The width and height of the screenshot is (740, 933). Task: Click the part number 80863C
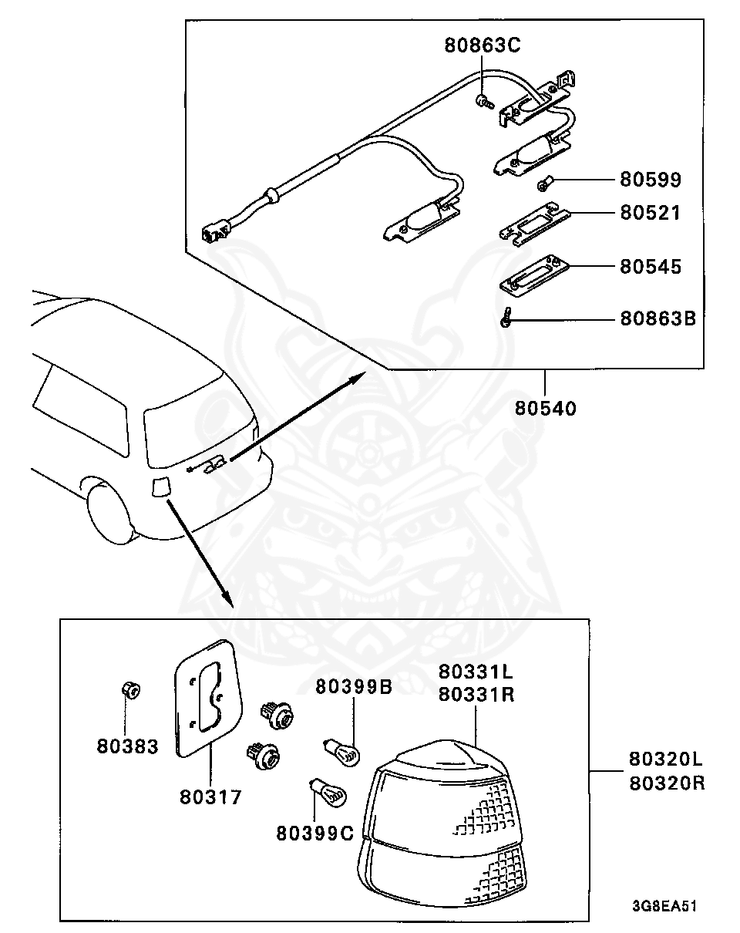[x=483, y=45]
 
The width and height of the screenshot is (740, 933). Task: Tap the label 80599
[x=651, y=180]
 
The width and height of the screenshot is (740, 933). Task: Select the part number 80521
[x=651, y=212]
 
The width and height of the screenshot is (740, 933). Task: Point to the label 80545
[x=651, y=267]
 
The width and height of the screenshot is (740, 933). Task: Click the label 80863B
[x=658, y=318]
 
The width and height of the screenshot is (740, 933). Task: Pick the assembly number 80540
[x=546, y=407]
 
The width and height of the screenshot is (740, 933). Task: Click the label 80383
[x=127, y=746]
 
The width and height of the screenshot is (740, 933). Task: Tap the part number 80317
[x=211, y=797]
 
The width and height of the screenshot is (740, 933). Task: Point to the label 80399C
[x=314, y=833]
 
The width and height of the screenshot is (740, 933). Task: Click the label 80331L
[x=476, y=672]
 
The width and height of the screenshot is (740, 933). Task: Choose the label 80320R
[x=667, y=783]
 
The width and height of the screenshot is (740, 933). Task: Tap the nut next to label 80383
[x=130, y=689]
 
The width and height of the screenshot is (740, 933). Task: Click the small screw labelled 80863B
[x=505, y=318]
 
